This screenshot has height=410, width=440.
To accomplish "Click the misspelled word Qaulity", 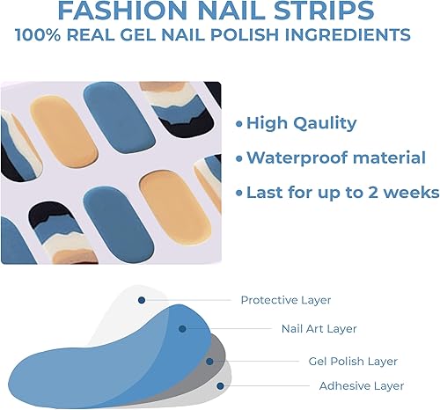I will click(322, 123).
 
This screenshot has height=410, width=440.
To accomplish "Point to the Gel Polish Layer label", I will click(352, 361).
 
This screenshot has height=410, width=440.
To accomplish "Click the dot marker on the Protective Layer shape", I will click(141, 300).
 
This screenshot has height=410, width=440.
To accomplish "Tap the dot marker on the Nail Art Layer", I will click(182, 329).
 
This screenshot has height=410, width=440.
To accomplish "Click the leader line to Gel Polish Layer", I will click(255, 361).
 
